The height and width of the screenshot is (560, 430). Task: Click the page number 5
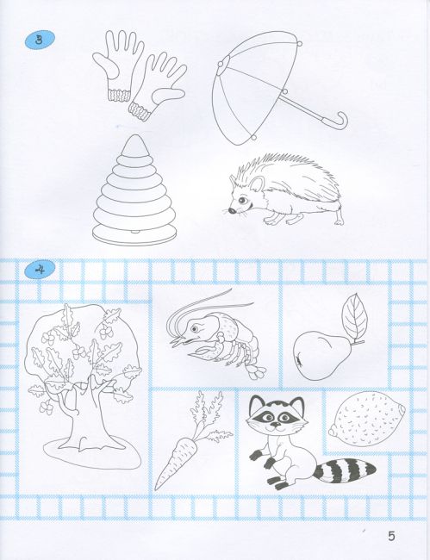[x=391, y=536]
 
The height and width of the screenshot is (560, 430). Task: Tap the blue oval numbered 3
[x=40, y=40]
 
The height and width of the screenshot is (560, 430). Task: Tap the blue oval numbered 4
[x=40, y=270]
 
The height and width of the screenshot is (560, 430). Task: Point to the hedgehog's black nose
[x=232, y=211]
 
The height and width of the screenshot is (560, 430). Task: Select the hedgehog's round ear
[x=257, y=184]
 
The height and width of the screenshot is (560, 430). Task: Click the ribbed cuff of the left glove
[x=118, y=96]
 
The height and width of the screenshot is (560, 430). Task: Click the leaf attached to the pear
[x=354, y=315]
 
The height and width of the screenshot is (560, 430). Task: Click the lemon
[x=367, y=419]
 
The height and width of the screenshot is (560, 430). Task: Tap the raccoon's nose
[x=276, y=424]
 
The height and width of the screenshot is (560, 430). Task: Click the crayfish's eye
[x=195, y=327]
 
